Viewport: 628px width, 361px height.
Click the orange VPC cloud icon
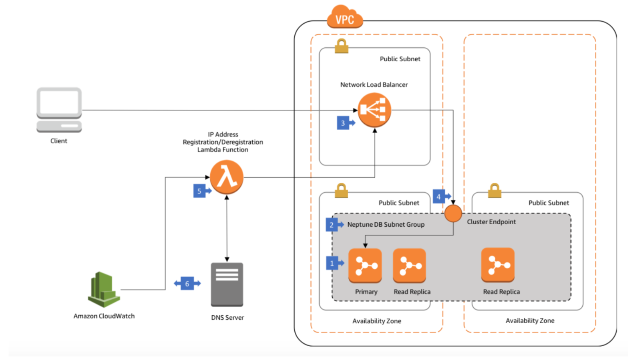point(345,17)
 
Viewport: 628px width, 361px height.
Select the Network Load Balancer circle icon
point(374,110)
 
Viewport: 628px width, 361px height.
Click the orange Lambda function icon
point(227,177)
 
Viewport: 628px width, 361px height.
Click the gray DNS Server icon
point(227,284)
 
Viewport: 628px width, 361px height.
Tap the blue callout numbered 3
point(343,123)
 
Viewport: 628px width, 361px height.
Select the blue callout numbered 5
point(199,191)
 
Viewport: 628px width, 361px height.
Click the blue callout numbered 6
point(187,284)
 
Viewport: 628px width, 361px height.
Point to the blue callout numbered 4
point(439,197)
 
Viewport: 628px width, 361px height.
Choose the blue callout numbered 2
point(332,225)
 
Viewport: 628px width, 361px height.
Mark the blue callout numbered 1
point(332,263)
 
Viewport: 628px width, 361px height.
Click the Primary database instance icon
point(365,265)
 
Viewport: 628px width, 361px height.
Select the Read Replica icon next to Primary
point(410,265)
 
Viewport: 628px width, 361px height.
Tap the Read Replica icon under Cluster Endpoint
point(498,265)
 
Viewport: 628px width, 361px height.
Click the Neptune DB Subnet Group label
point(386,225)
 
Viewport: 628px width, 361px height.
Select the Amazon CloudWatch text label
point(104,316)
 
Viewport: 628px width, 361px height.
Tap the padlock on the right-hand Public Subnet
point(494,190)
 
